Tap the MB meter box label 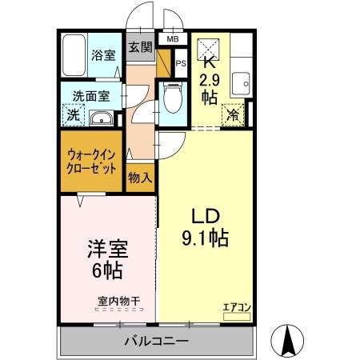click(172, 38)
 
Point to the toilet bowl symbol click(171, 101)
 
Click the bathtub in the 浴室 click(75, 54)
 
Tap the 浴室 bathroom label click(102, 57)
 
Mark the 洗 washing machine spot click(73, 115)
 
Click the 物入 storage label click(140, 177)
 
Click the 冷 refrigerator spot click(233, 115)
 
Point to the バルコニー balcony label click(156, 342)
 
